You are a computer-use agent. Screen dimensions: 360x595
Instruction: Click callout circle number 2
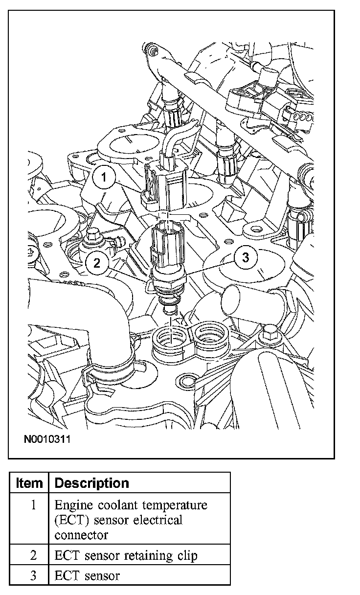97,263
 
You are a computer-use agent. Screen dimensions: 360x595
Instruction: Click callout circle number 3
246,257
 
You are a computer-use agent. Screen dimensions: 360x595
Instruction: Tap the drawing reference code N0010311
47,439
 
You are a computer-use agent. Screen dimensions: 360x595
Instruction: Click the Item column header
29,483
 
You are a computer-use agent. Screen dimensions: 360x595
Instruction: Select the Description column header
91,483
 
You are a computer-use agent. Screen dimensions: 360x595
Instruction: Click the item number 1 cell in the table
33,505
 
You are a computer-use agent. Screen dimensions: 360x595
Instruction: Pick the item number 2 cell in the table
33,555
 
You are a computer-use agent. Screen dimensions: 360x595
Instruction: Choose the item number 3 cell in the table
33,575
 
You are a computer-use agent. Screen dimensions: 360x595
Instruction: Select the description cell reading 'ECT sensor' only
87,575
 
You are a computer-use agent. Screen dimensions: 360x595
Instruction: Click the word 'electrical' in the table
157,520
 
